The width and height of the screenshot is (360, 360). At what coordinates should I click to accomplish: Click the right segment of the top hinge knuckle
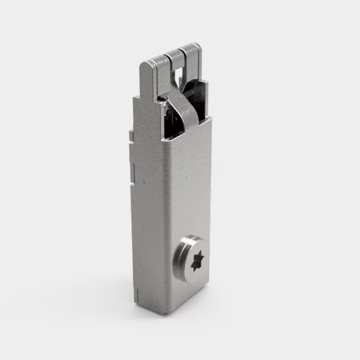point(193,49)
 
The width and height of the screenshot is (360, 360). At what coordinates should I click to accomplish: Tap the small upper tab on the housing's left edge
point(130,134)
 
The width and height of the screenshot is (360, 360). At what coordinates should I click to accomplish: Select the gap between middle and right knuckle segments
point(184,51)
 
